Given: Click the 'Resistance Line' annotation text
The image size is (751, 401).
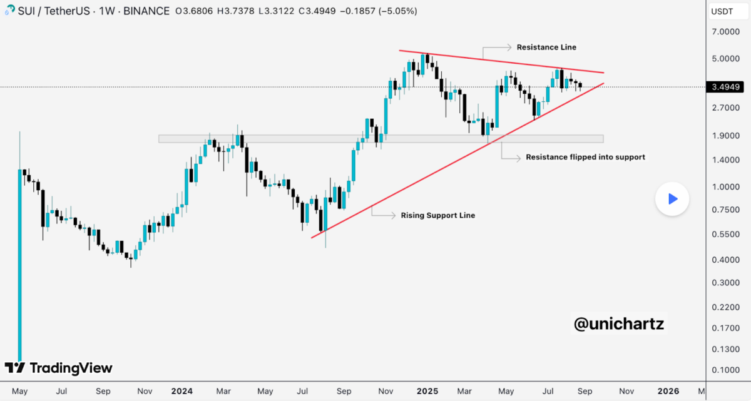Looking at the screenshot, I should [546, 47].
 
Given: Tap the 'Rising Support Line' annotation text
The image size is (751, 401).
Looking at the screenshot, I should [437, 215].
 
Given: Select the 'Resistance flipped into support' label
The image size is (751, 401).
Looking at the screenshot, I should [585, 157].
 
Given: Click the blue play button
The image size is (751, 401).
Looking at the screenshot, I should [672, 199].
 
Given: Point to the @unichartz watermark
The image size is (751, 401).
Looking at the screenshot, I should [618, 324].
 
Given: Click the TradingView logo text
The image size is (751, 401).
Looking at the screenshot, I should [70, 368].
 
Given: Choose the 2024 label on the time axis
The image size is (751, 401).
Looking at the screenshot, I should [181, 391].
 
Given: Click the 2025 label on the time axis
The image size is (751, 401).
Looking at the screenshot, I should [427, 391].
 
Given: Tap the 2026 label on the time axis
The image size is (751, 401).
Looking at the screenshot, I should [668, 391].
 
